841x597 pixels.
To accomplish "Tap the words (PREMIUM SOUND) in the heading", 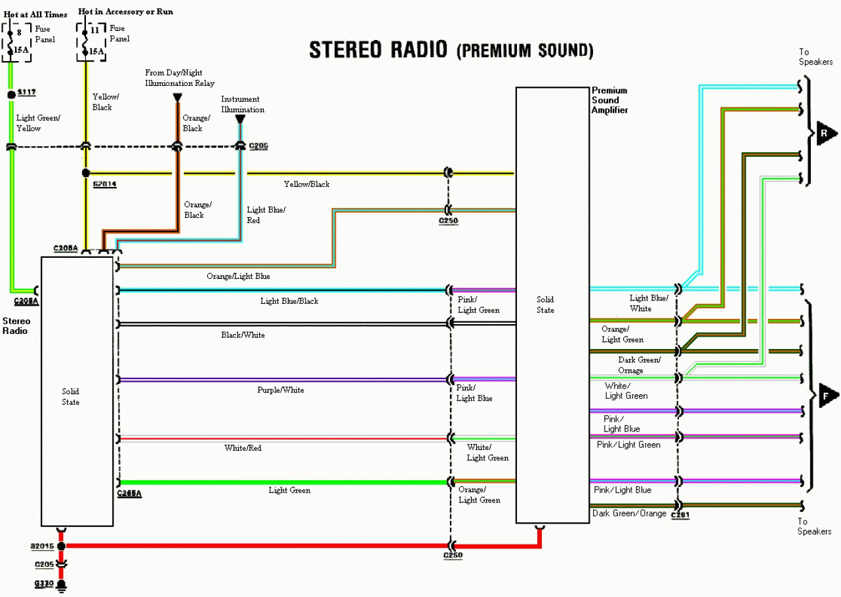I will tap(524, 51).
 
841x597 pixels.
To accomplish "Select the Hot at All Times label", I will tap(35, 14).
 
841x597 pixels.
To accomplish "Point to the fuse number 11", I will tap(94, 30).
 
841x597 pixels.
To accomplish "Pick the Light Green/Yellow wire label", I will tap(37, 123).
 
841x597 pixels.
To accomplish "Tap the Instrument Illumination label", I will tap(242, 104).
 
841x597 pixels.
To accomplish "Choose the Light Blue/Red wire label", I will tap(266, 215).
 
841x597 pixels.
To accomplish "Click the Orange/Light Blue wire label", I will tap(238, 276).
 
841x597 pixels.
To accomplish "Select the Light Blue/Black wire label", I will tap(289, 301).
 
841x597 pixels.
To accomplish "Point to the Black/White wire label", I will tap(243, 335).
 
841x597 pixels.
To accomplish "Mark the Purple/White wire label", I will tap(280, 390).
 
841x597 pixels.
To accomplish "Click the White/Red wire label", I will tap(243, 448).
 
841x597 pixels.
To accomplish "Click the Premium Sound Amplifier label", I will tap(609, 100).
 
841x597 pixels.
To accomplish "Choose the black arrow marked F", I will tap(827, 396).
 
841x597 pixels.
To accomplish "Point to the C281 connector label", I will tap(680, 516).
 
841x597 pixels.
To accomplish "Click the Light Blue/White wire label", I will tap(649, 303).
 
